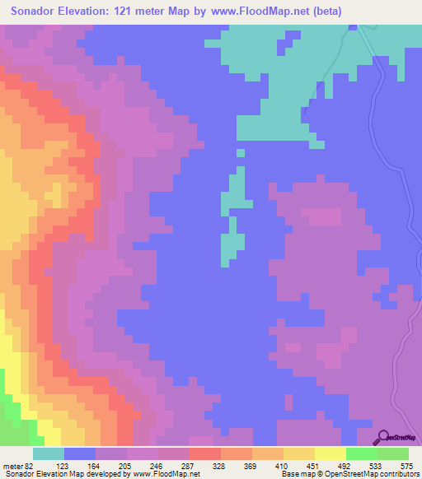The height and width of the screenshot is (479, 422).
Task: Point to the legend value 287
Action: coord(185,465)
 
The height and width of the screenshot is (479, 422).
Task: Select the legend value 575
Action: coord(406,465)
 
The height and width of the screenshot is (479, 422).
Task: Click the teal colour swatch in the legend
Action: coord(48,453)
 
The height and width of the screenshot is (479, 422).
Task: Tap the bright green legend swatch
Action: coord(361,453)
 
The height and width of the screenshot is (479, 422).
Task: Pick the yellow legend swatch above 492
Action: coord(330,453)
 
